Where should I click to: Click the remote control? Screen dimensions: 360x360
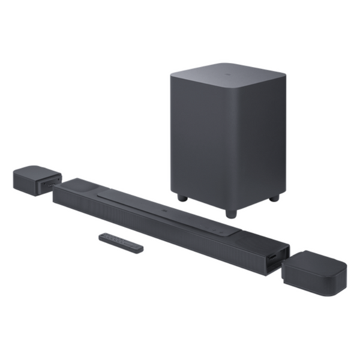[x=121, y=242]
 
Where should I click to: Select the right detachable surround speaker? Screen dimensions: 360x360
[x=314, y=272]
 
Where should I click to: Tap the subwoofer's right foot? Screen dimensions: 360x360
[x=274, y=197]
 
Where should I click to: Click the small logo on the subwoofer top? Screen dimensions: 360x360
[x=226, y=76]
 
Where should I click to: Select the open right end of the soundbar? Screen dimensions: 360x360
[x=276, y=257]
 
